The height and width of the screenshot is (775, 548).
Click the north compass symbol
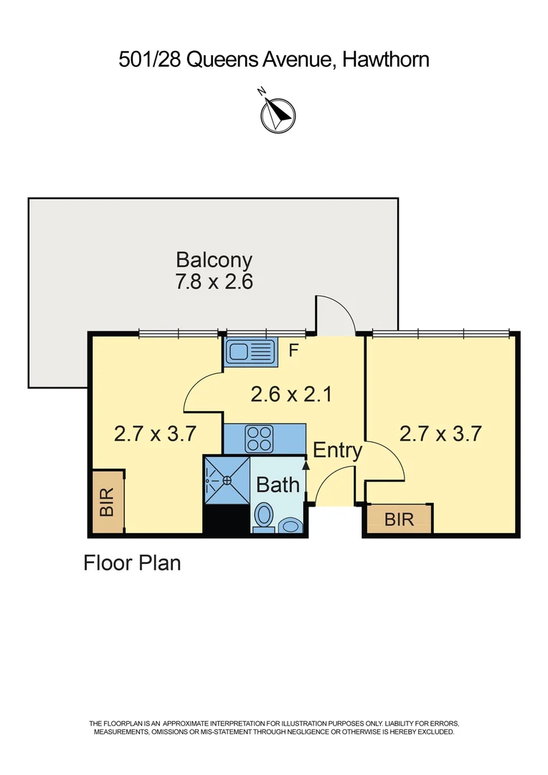point(278,115)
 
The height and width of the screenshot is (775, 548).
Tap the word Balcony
point(214,260)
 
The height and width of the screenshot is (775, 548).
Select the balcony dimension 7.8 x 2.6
point(214,282)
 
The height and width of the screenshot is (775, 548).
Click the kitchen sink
point(250,352)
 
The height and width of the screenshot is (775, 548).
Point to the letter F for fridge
point(293,350)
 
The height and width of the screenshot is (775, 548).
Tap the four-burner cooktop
point(259,438)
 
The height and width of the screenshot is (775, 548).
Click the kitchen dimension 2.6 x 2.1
point(291,395)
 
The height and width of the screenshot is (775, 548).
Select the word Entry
point(338,450)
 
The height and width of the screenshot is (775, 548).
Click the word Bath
point(278,485)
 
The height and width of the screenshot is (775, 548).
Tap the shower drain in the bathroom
point(227,480)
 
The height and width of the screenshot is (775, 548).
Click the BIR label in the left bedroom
point(107,502)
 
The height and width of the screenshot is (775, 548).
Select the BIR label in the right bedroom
point(400,520)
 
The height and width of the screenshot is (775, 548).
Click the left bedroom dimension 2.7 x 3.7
point(155,434)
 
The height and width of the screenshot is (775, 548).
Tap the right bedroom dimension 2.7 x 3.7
point(440,434)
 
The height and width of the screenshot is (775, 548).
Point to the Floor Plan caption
point(132,563)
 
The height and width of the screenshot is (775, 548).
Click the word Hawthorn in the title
point(385,60)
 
